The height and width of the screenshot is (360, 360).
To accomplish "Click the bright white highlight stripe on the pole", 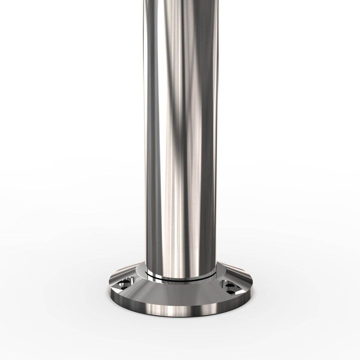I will [x=162, y=150].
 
